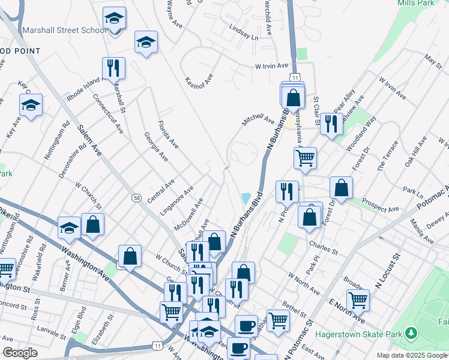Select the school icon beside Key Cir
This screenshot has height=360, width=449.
31,105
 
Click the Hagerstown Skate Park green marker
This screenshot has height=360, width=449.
411,332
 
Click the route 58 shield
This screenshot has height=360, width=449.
136,197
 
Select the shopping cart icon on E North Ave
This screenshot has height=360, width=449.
358,299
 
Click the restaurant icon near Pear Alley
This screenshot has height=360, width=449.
331,123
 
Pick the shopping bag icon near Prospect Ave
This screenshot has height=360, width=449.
341,187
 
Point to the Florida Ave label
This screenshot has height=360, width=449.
168,135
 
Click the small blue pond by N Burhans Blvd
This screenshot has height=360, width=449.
245,198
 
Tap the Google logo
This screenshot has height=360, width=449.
20,353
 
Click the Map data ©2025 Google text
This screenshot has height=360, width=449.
412,355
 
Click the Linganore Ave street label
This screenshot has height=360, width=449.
177,201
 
